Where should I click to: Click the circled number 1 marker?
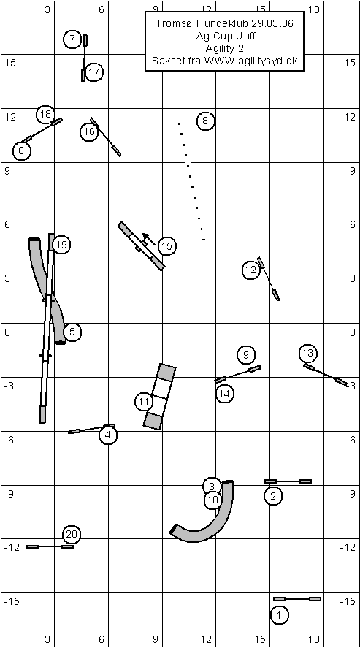pos(280,614)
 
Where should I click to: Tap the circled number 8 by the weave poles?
pos(206,121)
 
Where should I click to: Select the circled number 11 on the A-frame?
pos(144,402)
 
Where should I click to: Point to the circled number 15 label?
pos(166,246)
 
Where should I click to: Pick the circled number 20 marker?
pos(72,534)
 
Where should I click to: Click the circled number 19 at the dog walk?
pos(61,245)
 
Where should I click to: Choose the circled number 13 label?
pos(308,353)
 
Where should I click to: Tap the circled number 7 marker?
pos(72,39)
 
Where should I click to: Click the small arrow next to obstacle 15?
pos(149,239)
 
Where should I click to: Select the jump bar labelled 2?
pos(288,481)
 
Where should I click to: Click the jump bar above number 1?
pos(296,598)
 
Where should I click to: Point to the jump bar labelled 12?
pos(268,279)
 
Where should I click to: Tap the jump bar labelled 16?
pos(106,137)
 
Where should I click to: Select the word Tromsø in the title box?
pos(172,24)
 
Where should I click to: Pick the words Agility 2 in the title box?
pos(225,49)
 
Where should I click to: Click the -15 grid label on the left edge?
pos(12,601)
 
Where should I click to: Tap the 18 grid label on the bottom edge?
pos(314,639)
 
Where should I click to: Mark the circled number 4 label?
pos(108,435)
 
